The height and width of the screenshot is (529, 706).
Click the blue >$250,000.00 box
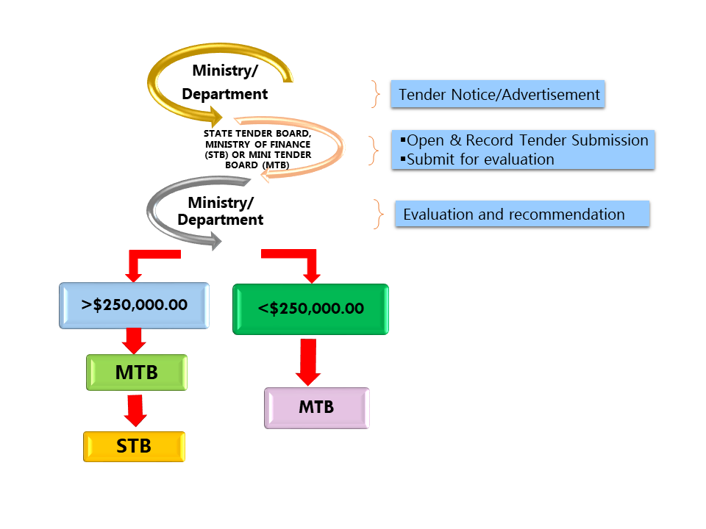[x=134, y=305]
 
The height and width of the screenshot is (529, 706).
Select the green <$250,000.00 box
[x=310, y=309]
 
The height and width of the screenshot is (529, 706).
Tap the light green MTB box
[x=137, y=372]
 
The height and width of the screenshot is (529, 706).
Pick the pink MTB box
[x=316, y=407]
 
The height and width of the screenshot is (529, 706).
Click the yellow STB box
[x=134, y=446]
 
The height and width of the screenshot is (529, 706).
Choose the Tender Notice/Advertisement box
[x=498, y=94]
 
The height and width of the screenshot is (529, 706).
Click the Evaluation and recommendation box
[x=522, y=214]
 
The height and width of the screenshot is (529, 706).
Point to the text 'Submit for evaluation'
[x=480, y=159]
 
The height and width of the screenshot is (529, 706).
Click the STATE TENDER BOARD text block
[x=257, y=149]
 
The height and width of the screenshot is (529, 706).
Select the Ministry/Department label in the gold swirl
[x=225, y=82]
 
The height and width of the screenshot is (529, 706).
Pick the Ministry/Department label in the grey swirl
[x=221, y=210]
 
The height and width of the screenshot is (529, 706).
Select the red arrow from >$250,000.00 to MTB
[x=133, y=340]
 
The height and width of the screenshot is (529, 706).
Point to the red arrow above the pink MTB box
[x=308, y=361]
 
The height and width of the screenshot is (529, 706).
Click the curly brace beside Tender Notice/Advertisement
[x=377, y=95]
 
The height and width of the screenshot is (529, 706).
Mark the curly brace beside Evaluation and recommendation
[x=379, y=214]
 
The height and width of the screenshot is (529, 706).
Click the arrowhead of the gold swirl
[x=215, y=115]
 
